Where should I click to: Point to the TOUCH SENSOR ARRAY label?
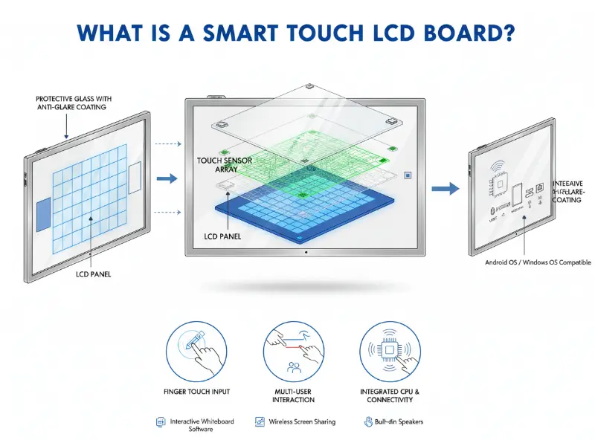point(224,165)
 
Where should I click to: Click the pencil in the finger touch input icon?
point(198,341)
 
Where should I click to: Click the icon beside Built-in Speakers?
point(367,421)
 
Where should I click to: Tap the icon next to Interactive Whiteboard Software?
point(160,421)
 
